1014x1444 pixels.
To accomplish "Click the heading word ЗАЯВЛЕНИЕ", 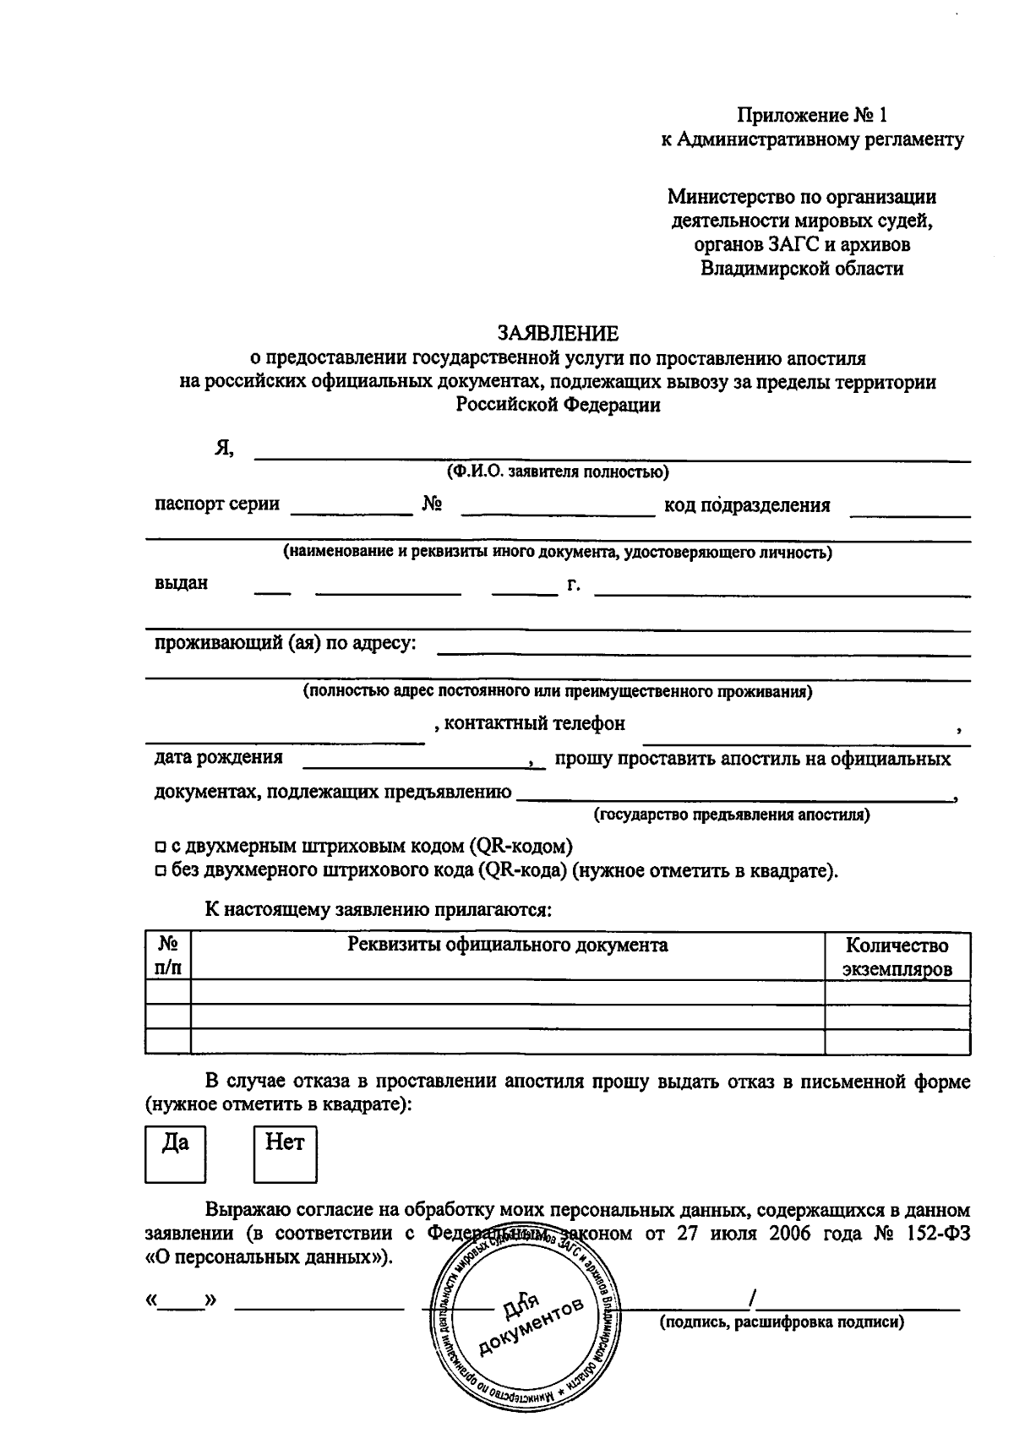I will (558, 333).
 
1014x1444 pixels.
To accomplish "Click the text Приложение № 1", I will (812, 115).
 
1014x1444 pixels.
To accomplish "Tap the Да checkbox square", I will (176, 1152).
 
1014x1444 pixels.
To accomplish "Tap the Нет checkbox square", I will (285, 1152).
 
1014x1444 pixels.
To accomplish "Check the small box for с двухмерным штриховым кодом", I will (159, 847).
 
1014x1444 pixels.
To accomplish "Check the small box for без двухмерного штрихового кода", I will (159, 871).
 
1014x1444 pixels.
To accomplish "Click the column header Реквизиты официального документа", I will (507, 945).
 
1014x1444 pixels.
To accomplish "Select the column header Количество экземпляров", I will (897, 956).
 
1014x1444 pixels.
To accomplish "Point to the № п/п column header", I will (167, 956).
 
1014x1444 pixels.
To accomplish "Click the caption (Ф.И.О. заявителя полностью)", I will (558, 471).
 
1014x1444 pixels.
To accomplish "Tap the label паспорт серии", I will (217, 504).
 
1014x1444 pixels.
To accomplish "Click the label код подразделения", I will (747, 505).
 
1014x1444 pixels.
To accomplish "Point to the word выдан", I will (181, 583).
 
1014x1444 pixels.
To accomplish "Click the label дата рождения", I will (218, 757).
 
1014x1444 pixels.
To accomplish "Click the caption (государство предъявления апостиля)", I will (732, 815).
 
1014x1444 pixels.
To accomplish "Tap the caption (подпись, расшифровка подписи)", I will (782, 1322).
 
